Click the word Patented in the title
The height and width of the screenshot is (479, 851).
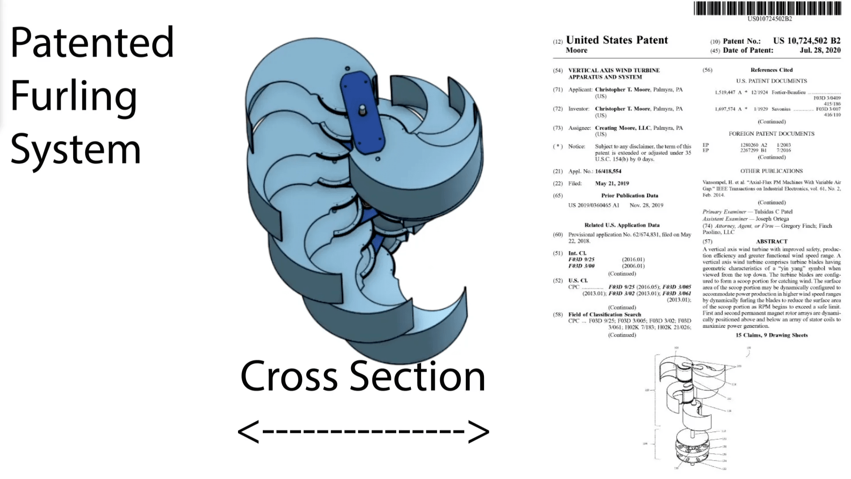coord(92,43)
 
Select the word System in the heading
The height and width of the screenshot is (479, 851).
coord(75,149)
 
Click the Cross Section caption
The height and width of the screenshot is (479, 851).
coord(363,376)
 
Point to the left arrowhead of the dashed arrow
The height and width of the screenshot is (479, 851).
coord(248,431)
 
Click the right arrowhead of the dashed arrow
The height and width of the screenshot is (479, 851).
coord(479,431)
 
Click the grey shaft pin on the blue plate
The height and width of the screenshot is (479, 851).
coord(363,109)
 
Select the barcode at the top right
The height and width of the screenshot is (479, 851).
coord(767,8)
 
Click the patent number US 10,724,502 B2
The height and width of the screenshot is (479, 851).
coord(807,41)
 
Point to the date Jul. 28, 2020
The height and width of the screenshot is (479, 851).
coord(820,51)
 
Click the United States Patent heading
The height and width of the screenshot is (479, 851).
coord(617,40)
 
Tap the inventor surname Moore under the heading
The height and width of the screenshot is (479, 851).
coord(576,51)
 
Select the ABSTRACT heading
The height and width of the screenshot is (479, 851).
coord(772,241)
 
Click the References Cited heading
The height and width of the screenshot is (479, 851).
coord(772,70)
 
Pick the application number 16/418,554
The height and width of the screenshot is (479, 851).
coord(608,171)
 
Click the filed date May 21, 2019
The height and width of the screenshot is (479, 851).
coord(612,183)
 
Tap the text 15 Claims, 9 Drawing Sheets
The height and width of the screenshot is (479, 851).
coord(772,335)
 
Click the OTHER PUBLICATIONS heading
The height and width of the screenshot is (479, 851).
coord(772,171)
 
